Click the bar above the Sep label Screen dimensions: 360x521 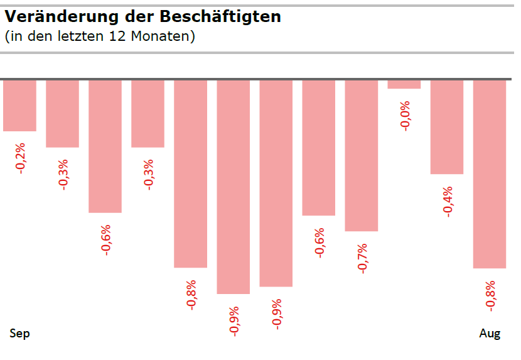click(19, 105)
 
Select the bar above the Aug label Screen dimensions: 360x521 click(489, 173)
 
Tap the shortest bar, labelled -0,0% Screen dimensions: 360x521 click(404, 84)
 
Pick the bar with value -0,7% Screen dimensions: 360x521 click(361, 155)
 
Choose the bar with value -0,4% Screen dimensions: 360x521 click(446, 126)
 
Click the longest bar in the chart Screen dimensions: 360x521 click(233, 187)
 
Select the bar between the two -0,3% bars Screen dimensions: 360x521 click(105, 146)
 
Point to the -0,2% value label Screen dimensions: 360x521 click(21, 158)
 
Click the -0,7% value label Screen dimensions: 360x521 click(362, 258)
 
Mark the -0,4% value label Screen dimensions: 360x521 click(448, 202)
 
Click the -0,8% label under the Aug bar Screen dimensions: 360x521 click(491, 295)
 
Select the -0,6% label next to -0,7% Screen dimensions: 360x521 click(320, 243)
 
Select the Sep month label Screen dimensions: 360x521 click(20, 333)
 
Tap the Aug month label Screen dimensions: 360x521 click(490, 334)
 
